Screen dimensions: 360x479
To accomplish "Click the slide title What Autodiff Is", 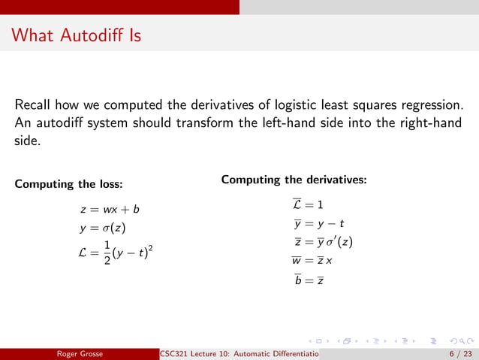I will pyautogui.click(x=77, y=35).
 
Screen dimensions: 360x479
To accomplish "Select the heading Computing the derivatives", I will pyautogui.click(x=294, y=180).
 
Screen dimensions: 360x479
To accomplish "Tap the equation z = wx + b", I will pyautogui.click(x=110, y=210).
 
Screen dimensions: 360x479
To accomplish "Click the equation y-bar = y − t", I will pyautogui.click(x=318, y=223).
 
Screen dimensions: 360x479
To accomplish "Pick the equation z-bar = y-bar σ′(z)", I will pyautogui.click(x=324, y=242).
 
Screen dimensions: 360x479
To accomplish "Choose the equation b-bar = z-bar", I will pyautogui.click(x=309, y=280).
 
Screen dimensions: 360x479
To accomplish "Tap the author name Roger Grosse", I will pyautogui.click(x=83, y=353).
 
